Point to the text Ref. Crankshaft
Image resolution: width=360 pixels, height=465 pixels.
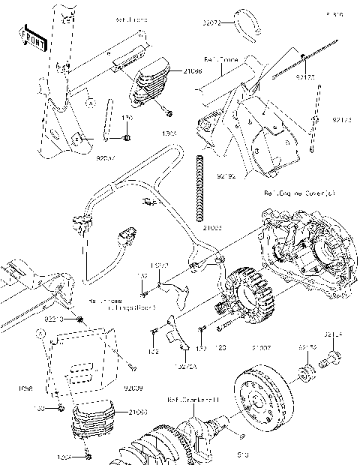pyautogui.click(x=193, y=399)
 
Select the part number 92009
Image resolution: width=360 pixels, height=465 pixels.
pyautogui.click(x=130, y=388)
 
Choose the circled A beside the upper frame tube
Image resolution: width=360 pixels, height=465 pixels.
pyautogui.click(x=88, y=100)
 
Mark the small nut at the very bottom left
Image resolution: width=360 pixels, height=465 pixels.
pyautogui.click(x=89, y=454)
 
